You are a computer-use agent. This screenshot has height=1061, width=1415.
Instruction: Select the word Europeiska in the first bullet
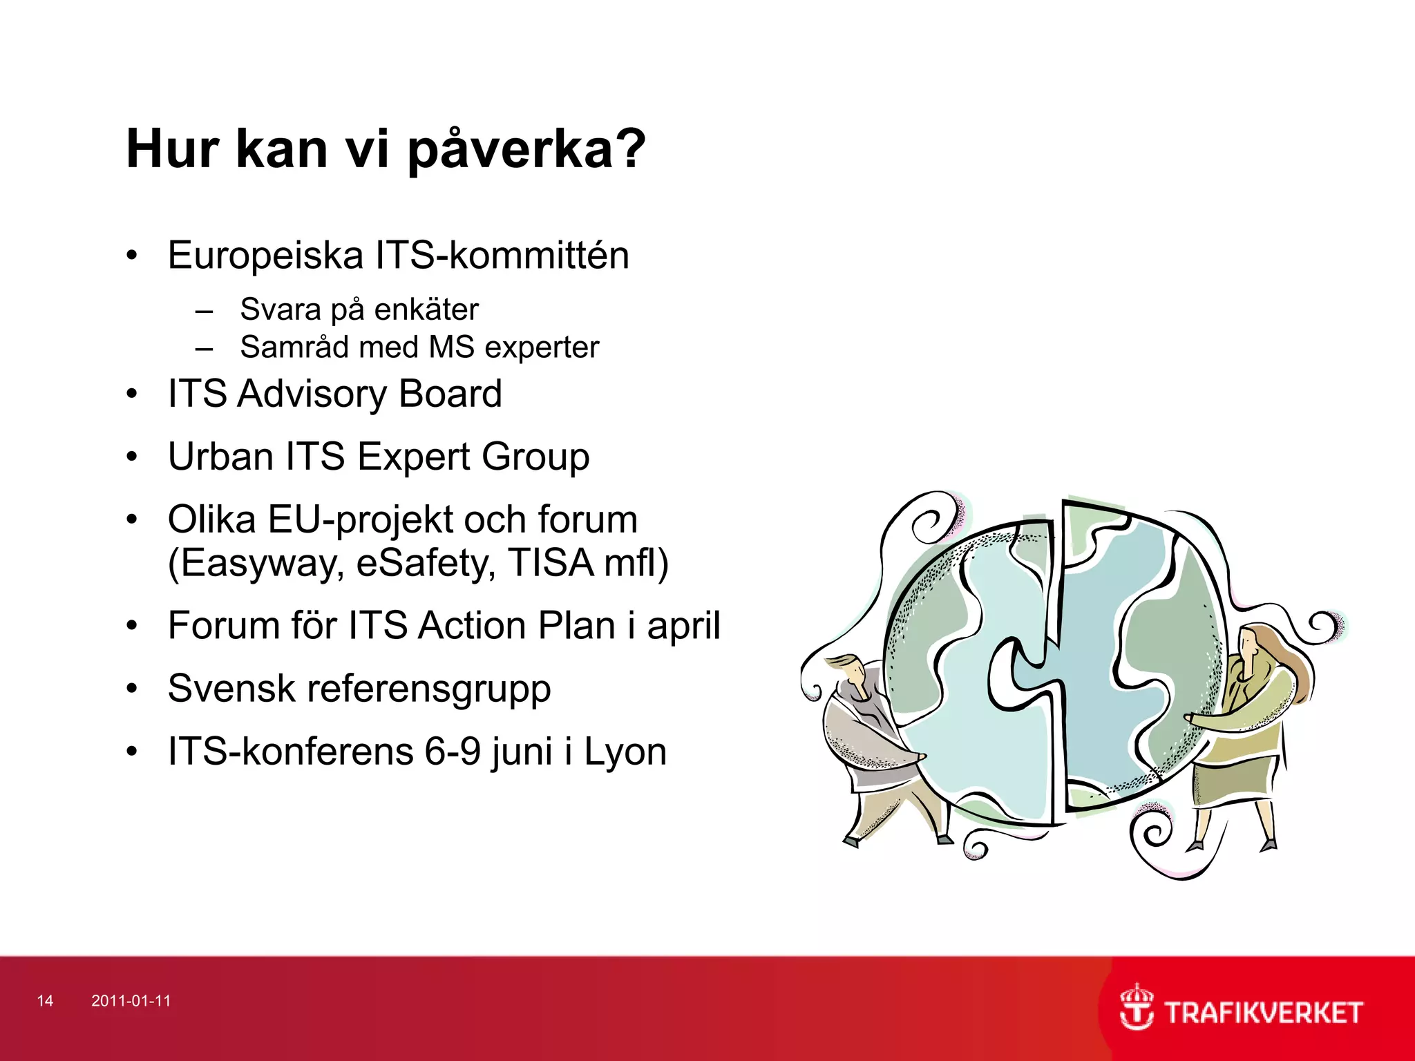[265, 256]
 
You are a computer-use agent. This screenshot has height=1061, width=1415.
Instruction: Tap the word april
[683, 627]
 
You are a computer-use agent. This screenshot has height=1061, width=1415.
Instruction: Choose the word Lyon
[625, 752]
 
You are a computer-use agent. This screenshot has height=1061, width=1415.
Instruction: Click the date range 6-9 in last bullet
[452, 752]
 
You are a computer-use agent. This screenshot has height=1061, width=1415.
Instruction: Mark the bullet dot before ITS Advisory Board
[132, 394]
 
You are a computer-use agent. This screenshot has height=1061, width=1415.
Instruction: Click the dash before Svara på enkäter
[204, 312]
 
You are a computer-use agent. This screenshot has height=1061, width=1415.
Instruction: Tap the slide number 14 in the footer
[45, 1001]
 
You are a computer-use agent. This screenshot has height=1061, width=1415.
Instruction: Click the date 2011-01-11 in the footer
[131, 1001]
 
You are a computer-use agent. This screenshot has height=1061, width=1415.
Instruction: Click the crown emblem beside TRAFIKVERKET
[1136, 1007]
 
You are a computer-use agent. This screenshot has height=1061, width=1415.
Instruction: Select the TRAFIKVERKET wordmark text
[1263, 1013]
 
